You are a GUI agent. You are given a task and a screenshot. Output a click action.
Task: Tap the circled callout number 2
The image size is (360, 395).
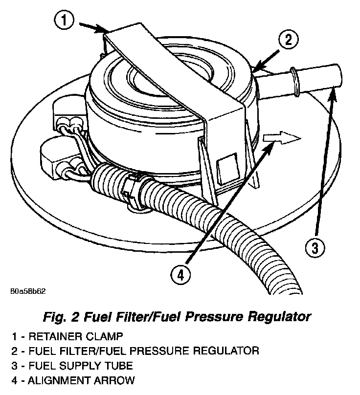pos(289,40)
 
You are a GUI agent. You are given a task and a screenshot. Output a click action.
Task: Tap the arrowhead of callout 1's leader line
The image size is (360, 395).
pos(106,32)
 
